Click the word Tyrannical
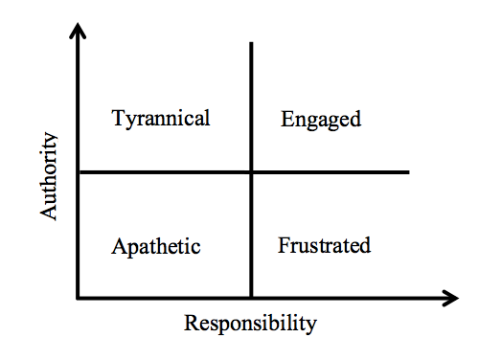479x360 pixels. (161, 119)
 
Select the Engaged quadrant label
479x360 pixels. (321, 120)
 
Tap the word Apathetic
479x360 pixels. (156, 246)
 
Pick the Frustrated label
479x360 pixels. (325, 245)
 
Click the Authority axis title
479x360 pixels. (49, 176)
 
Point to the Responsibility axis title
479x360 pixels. (250, 324)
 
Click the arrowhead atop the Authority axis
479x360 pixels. (78, 31)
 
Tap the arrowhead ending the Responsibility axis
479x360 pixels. (451, 299)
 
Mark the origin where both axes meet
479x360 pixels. (78, 299)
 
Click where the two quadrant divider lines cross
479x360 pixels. (251, 172)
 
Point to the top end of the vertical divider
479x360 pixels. (251, 42)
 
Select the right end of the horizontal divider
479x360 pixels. (408, 172)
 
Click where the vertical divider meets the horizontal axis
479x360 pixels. (251, 298)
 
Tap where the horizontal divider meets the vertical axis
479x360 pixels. (79, 172)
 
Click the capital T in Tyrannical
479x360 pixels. (118, 118)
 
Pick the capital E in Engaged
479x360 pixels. (286, 119)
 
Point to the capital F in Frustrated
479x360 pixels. (284, 245)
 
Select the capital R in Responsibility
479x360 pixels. (191, 323)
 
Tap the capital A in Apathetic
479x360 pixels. (118, 246)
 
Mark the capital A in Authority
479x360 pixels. (48, 212)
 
